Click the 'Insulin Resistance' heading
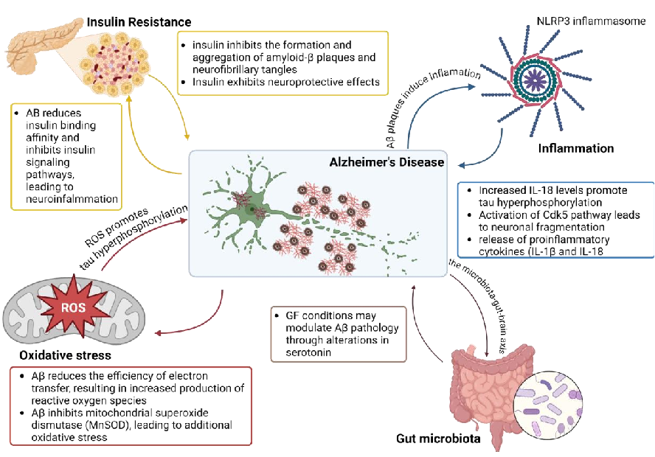(139, 21)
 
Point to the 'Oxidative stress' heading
(65, 355)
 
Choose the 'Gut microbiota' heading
(437, 439)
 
